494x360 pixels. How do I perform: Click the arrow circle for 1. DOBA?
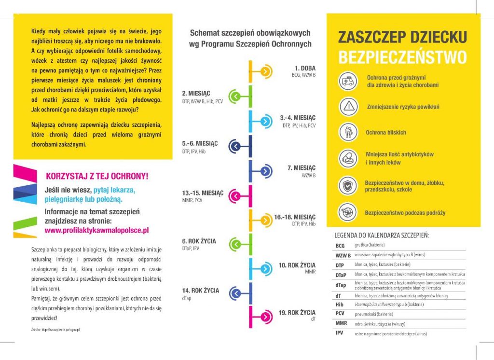pos(264,71)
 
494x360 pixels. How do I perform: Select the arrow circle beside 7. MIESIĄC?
pos(264,171)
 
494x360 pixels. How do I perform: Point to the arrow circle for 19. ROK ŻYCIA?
pos(264,317)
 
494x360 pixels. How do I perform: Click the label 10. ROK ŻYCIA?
pos(297,265)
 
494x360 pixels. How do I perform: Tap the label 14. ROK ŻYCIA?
pos(200,291)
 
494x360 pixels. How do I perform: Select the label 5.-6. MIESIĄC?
pos(200,144)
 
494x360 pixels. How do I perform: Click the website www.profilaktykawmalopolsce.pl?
pos(96,230)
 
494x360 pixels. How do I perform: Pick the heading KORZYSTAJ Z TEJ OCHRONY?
pos(96,176)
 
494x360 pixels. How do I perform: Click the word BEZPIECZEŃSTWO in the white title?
pos(402,57)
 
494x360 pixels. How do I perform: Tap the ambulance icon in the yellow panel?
pos(347,81)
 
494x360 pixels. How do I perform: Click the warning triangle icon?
pos(347,107)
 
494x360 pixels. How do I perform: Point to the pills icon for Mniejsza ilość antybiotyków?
pos(347,158)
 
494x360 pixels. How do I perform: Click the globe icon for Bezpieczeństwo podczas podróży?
pos(347,212)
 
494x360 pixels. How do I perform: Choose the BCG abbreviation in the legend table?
pos(340,246)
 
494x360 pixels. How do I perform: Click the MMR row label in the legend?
pos(341,322)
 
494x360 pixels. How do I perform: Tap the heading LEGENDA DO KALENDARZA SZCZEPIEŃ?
pos(382,235)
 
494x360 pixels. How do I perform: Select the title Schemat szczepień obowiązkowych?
pos(250,33)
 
